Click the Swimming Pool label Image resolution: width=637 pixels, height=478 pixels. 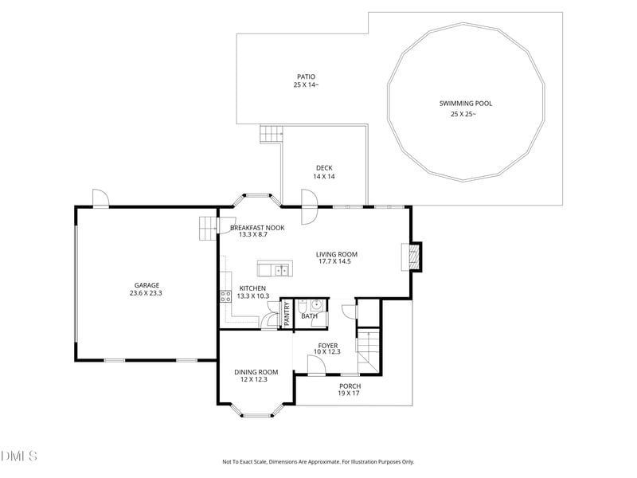click(466, 104)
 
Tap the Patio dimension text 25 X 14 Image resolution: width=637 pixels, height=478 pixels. click(306, 85)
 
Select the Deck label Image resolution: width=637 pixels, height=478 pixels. click(324, 168)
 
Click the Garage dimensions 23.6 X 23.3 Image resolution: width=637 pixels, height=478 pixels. click(146, 293)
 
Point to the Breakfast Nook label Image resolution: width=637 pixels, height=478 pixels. click(257, 228)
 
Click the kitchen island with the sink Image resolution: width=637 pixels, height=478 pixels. click(275, 268)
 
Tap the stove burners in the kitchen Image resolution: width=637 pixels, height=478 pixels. click(225, 296)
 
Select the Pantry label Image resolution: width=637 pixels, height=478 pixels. click(287, 313)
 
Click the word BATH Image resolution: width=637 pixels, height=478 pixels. click(309, 315)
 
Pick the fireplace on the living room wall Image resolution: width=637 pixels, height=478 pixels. click(412, 257)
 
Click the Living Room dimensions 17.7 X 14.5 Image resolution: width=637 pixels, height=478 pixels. click(334, 261)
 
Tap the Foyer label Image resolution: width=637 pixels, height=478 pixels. click(328, 346)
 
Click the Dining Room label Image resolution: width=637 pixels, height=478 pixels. click(256, 372)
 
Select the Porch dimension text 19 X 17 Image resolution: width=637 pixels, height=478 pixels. click(349, 393)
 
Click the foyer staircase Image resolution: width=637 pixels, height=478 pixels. click(368, 351)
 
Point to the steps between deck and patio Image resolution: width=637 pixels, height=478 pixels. click(271, 134)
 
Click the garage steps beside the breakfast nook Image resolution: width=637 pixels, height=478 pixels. click(208, 229)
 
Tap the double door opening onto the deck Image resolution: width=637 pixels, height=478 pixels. click(310, 206)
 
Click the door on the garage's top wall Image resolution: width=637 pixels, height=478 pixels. click(101, 198)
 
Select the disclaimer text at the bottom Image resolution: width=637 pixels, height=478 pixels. click(318, 462)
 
